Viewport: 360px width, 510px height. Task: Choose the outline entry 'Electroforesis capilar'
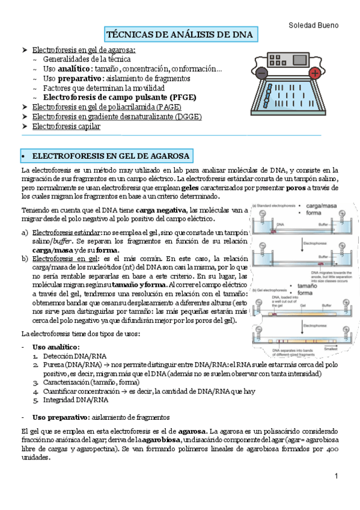pyautogui.click(x=66, y=126)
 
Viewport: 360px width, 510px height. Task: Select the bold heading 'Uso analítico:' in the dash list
pyautogui.click(x=56, y=348)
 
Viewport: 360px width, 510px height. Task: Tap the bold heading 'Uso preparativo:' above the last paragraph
pyautogui.click(x=60, y=417)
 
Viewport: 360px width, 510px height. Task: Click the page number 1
pyautogui.click(x=337, y=476)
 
